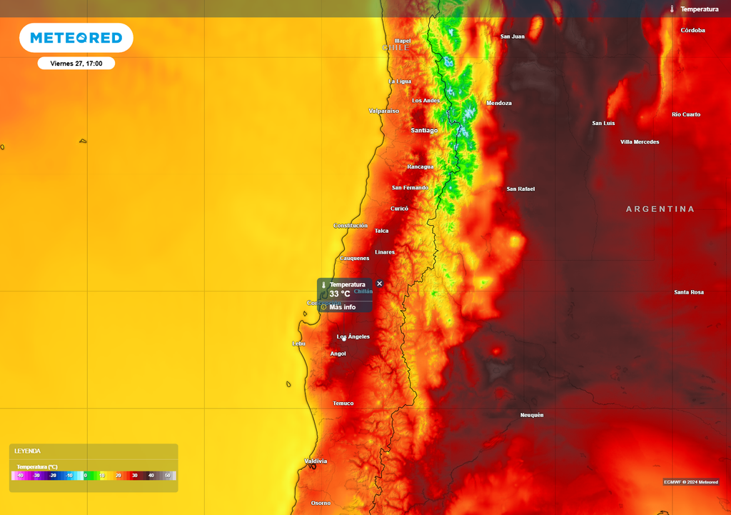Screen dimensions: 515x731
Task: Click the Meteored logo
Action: coord(76,38)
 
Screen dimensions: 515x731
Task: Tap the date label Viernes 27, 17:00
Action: coord(76,64)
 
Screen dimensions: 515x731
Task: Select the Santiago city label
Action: coord(424,131)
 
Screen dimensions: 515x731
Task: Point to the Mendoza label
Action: coord(499,104)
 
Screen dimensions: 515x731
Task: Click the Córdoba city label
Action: coord(692,31)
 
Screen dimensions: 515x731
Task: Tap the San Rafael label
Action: coord(520,189)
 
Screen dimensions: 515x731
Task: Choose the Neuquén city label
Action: coord(532,415)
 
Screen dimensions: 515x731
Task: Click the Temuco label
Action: coord(343,404)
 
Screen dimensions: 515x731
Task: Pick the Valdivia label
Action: coord(316,461)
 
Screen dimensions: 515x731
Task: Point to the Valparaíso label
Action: coord(384,111)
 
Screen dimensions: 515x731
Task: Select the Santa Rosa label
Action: coord(689,292)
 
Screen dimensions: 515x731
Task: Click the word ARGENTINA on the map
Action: coord(660,209)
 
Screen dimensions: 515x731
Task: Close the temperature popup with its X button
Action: coord(379,284)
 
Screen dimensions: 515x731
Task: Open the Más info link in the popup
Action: coord(342,307)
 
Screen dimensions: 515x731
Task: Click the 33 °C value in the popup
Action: coord(340,294)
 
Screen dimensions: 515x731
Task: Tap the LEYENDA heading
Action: coord(28,451)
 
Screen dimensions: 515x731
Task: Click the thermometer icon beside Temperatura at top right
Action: coord(672,9)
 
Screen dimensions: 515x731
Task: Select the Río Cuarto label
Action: coord(686,115)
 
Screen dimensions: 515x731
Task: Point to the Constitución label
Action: coord(351,226)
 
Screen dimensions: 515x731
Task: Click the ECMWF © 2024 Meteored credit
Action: coord(690,481)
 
